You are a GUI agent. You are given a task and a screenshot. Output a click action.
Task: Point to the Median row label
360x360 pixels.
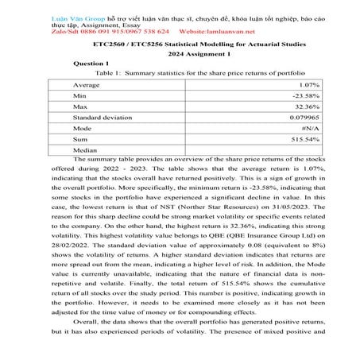point(85,149)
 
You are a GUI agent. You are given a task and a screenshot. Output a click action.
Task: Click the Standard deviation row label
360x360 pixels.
point(103,117)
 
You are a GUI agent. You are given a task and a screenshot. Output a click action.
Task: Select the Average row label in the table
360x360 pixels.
point(86,83)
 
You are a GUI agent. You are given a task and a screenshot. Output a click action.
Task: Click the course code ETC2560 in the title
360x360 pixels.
point(111,44)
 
